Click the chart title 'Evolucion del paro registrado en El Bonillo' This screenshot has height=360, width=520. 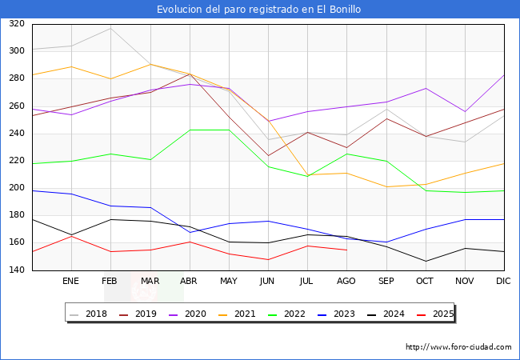pos(259,10)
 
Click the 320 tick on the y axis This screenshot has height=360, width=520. pos(16,24)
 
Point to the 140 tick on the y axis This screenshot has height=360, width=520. pos(16,270)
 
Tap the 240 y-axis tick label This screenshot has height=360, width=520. pos(16,134)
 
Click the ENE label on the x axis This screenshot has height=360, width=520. pos(71,282)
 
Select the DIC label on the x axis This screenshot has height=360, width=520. pos(503,282)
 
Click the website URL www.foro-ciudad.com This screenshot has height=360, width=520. pos(458,347)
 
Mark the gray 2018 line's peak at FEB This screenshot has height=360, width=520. pos(110,29)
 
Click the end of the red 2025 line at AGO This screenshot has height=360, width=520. pos(346,250)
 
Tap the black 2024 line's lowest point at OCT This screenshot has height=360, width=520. pos(425,261)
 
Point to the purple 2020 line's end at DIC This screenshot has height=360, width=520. pos(503,75)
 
